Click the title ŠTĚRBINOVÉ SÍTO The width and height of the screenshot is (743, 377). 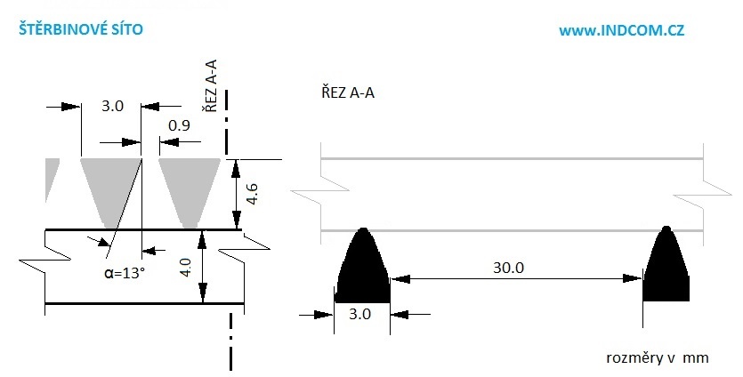click(80, 29)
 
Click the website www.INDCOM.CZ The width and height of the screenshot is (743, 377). click(621, 30)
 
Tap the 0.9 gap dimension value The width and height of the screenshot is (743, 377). click(179, 125)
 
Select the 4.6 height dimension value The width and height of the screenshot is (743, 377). click(252, 194)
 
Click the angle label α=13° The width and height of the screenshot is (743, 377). click(124, 272)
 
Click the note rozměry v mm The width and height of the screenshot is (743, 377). click(656, 357)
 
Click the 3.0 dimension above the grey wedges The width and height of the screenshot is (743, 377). click(112, 106)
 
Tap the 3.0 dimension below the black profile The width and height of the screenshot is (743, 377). click(361, 313)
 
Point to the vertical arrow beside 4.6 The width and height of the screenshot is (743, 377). click(235, 194)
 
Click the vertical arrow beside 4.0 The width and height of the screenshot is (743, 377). click(204, 267)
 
